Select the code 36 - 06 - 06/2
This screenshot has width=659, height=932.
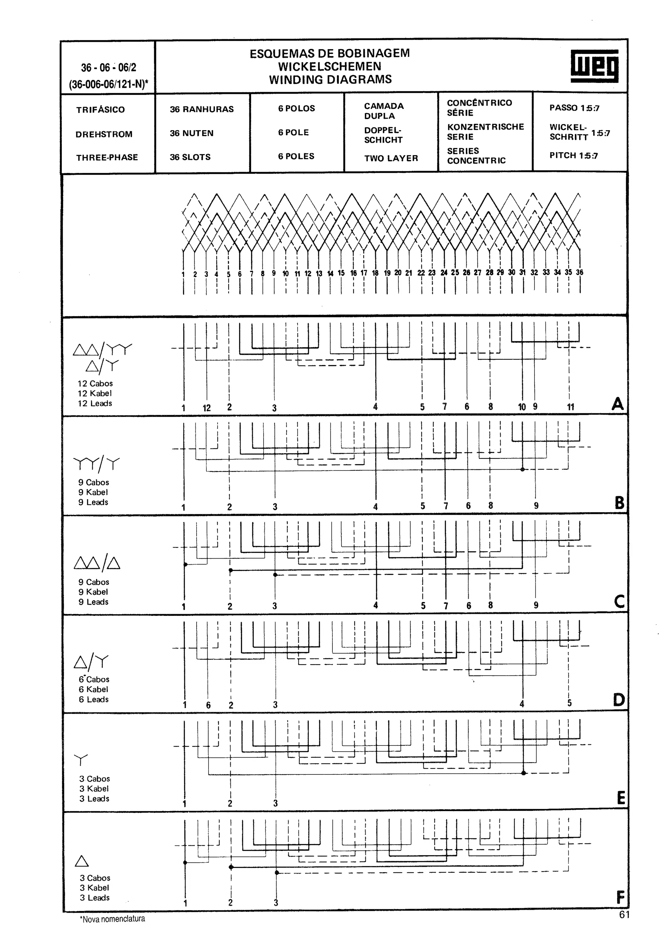(108, 68)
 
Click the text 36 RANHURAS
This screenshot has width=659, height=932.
(201, 109)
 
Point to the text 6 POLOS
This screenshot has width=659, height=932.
(296, 108)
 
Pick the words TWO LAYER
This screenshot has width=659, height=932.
(391, 158)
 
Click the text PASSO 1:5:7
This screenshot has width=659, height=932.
(574, 108)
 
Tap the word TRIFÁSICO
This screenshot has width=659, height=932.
(100, 110)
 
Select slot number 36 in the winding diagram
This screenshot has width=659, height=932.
(580, 272)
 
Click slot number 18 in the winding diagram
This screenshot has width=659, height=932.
(375, 273)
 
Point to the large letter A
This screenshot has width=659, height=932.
(617, 404)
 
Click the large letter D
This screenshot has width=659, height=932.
(619, 700)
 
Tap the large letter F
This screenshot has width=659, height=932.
(620, 897)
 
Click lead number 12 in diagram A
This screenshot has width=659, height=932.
(207, 408)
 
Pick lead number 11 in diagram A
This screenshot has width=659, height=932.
(571, 407)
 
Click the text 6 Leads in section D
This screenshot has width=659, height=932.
(93, 699)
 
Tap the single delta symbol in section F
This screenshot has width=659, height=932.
(82, 861)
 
